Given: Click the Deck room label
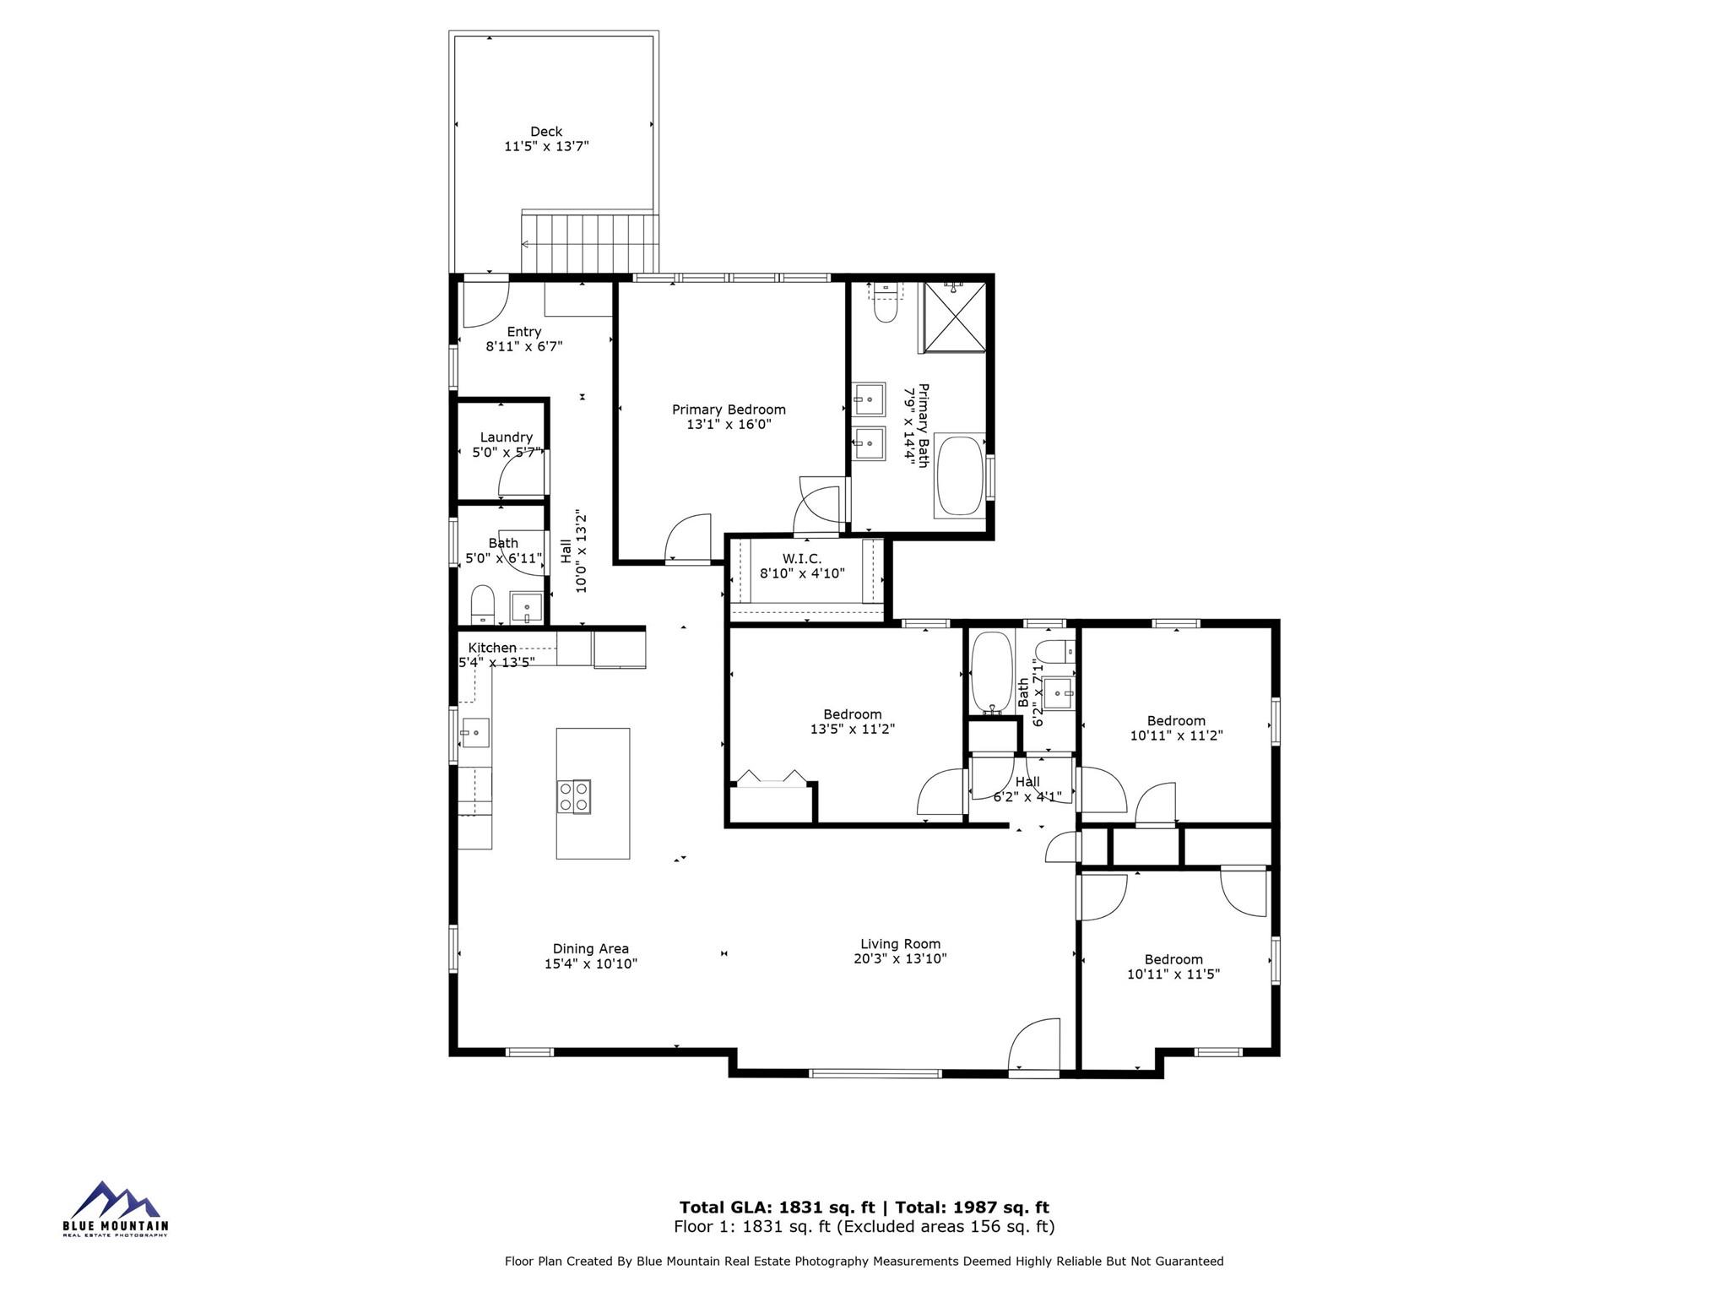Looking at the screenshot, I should (546, 132).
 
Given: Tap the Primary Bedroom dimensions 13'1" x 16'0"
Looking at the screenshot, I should (729, 425).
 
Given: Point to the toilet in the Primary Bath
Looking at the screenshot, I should (885, 308).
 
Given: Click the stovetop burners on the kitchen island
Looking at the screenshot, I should (574, 796).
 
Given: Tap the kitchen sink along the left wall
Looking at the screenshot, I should (474, 733).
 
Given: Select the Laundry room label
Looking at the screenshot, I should (506, 437).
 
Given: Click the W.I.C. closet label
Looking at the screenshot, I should (801, 559).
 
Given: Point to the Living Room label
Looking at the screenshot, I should (900, 944).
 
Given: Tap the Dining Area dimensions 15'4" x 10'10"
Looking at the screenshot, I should (590, 963).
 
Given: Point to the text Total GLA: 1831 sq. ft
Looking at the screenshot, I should (777, 1207).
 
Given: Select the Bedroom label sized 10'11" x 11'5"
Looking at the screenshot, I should (1173, 959).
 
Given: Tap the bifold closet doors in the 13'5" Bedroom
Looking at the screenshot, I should (771, 779).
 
